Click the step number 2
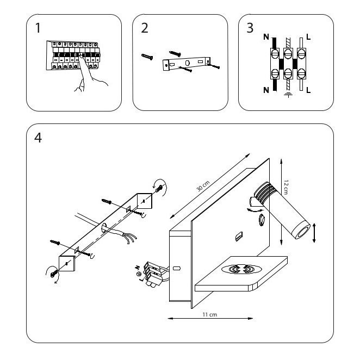(144, 29)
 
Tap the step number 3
(250, 29)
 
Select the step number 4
(38, 138)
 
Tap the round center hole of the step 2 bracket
(187, 64)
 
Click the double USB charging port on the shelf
(240, 269)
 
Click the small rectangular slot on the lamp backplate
(238, 237)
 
